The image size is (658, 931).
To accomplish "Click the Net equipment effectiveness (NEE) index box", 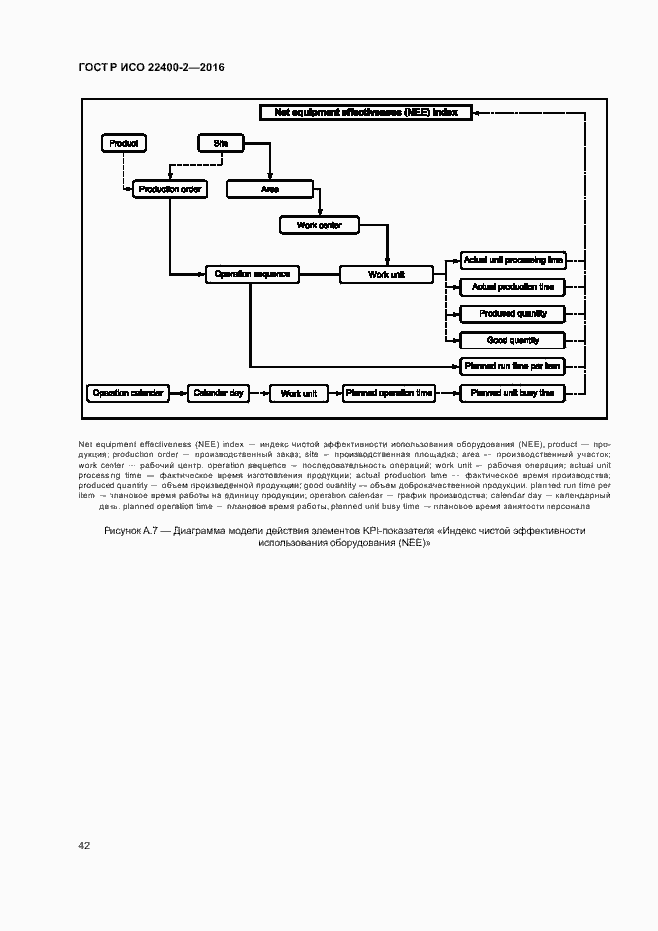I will click(365, 113).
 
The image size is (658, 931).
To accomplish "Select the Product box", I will click(123, 143).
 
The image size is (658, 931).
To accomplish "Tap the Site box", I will click(220, 143).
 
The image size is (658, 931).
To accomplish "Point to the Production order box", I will click(169, 189).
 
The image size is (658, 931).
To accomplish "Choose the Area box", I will click(269, 189).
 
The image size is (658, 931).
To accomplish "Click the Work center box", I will click(319, 226).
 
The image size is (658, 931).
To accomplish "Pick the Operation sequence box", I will click(251, 273).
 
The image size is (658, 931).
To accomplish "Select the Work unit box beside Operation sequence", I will click(386, 274).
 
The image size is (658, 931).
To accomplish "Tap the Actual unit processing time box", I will click(513, 260).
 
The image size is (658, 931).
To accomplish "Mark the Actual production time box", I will click(513, 287).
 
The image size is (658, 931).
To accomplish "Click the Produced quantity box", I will click(513, 314).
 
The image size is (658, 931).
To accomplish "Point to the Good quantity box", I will click(513, 340).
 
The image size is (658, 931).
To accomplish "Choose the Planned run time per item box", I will click(513, 366).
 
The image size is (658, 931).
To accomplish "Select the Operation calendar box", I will click(125, 393).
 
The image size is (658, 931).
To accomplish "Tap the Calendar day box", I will click(218, 393).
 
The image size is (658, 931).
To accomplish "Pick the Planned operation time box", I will click(388, 393).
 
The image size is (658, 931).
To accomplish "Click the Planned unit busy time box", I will click(513, 393).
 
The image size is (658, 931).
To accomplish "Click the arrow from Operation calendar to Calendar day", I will click(177, 393).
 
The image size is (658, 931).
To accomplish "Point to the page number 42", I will click(84, 845).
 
